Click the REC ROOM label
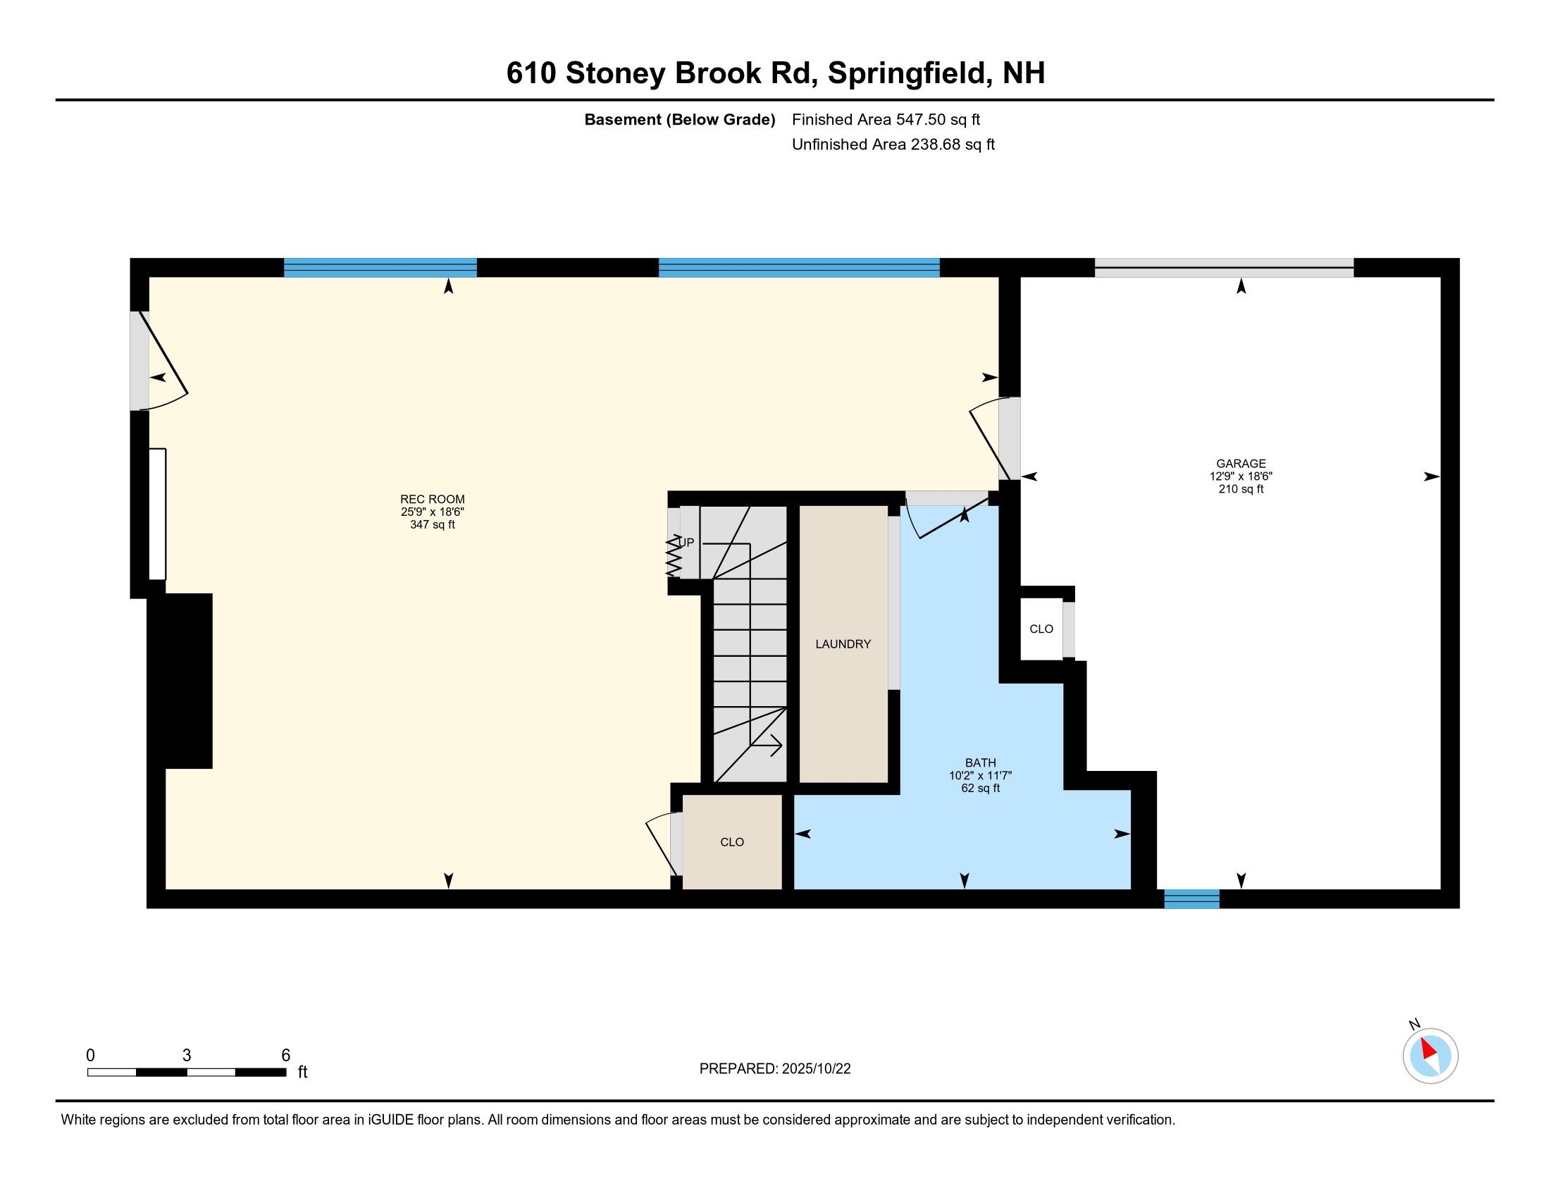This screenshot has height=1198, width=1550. pos(432,499)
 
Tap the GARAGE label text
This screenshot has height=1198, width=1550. pos(1241,464)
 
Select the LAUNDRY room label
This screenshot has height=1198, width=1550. pos(843,643)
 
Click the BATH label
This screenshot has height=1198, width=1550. pos(980,762)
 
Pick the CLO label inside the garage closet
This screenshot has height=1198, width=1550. pos(1041,629)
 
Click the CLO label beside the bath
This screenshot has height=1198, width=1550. pos(732,841)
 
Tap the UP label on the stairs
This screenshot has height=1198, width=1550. pos(686,543)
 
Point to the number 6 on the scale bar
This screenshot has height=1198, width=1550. pos(285,1056)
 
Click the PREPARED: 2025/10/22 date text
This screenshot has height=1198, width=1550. pos(775,1069)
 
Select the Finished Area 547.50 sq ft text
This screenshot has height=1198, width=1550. pos(886,119)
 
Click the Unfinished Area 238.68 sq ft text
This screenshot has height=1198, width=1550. pos(893,144)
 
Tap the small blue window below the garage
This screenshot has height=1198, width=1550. pos(1191,898)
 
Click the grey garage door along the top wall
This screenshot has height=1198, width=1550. pos(1224,268)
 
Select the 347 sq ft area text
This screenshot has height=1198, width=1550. pos(432,524)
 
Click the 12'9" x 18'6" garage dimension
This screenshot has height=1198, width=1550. pos(1241,476)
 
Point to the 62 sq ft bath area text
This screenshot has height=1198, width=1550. pos(980,788)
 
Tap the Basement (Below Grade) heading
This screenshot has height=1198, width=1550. pos(679,119)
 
